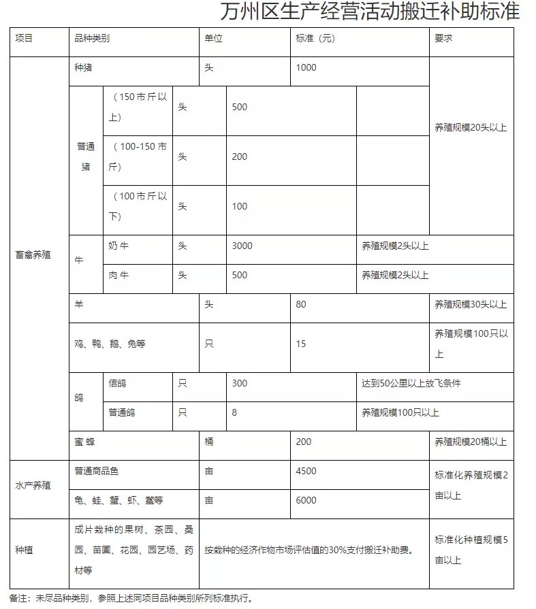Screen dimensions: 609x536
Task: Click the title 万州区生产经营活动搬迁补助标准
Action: click(x=370, y=13)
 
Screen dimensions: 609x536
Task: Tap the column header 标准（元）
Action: click(x=315, y=39)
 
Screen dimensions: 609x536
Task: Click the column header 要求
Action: click(x=443, y=39)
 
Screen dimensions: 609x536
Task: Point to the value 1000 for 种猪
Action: click(x=306, y=68)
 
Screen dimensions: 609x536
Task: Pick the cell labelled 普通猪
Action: click(x=86, y=157)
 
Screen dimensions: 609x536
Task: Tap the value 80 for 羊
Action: click(x=301, y=304)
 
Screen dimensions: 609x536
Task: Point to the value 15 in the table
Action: click(x=301, y=344)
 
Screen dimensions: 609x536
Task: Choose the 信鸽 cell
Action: click(x=118, y=383)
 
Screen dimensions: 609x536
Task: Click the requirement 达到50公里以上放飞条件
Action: click(x=411, y=383)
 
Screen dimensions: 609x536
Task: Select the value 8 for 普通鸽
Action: click(x=234, y=412)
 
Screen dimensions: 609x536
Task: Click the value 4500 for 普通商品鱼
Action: click(x=306, y=471)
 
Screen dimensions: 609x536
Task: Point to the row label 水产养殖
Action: click(x=33, y=486)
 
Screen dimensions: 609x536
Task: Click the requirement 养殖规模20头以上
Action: click(x=471, y=127)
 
